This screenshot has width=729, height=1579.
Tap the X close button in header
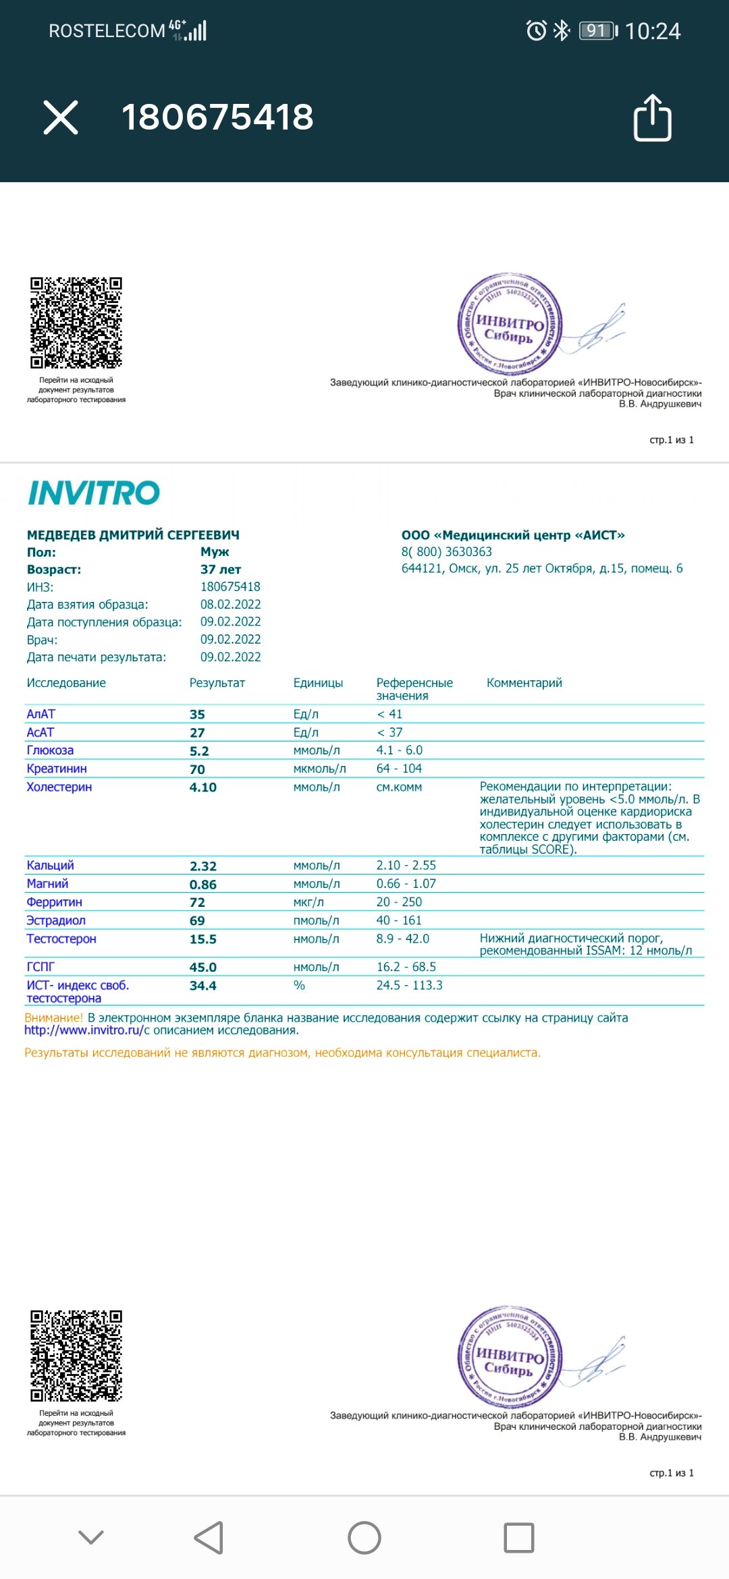(x=61, y=117)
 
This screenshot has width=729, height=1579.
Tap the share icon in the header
(x=652, y=118)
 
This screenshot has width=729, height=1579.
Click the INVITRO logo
(x=94, y=493)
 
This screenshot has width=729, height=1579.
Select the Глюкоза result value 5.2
(x=199, y=751)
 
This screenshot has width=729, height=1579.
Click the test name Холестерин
(x=59, y=787)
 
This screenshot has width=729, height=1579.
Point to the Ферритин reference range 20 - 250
(x=399, y=902)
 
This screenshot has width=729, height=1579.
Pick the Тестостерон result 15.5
(x=203, y=939)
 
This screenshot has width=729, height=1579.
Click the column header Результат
(x=217, y=683)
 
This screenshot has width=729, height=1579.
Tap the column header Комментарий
(x=524, y=683)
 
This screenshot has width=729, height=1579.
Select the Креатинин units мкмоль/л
(x=319, y=769)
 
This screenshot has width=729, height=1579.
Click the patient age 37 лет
(x=221, y=570)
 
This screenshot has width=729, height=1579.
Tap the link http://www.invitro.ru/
(x=84, y=1030)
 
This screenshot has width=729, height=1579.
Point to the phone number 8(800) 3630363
(x=447, y=552)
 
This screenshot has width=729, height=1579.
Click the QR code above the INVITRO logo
(x=76, y=323)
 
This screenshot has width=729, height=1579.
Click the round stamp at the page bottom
(x=510, y=1356)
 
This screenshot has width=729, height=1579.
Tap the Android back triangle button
(x=209, y=1538)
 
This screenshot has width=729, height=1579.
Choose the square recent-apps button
(x=519, y=1538)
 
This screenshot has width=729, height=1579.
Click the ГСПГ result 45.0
(x=203, y=968)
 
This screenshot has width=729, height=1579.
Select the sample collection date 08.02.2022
(x=230, y=605)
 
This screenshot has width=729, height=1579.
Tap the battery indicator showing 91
(x=597, y=31)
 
